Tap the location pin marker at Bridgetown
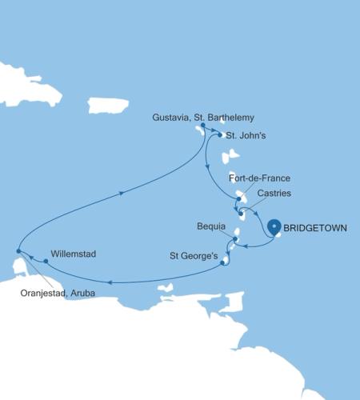coord(275,226)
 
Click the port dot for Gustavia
coord(203,126)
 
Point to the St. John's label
coord(246,136)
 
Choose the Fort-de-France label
coord(259,177)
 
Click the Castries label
coord(274,194)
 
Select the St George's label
coord(193,257)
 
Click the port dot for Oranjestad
coord(18,252)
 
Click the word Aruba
coord(80,293)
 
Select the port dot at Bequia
coord(236,238)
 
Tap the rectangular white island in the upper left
coord(108,105)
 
